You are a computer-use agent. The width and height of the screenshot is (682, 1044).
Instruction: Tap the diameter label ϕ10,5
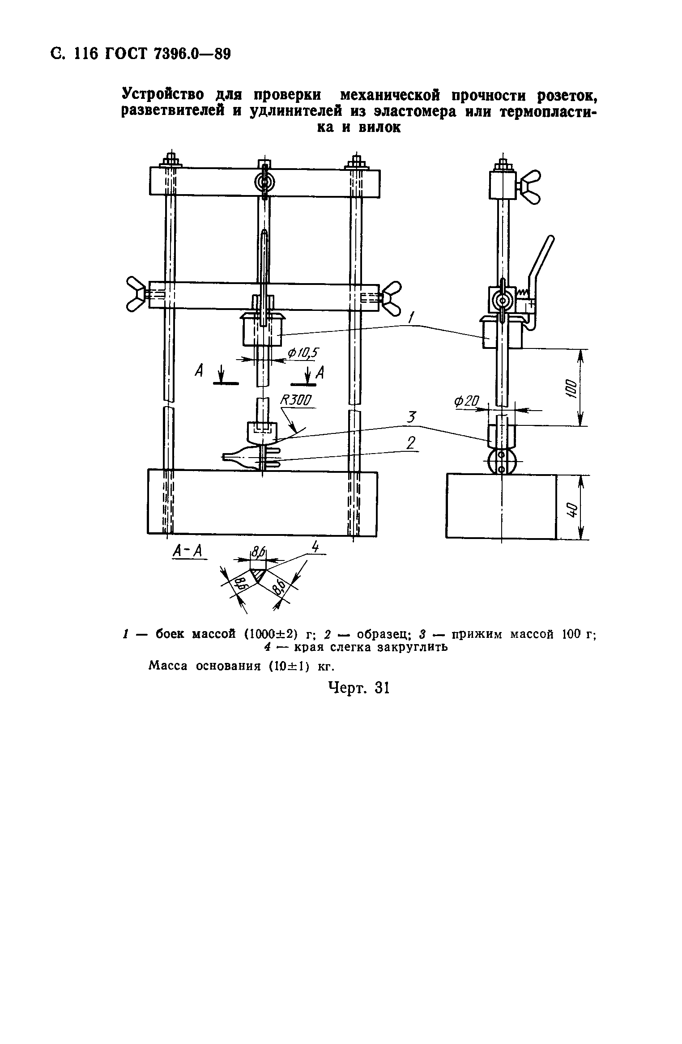coord(303,353)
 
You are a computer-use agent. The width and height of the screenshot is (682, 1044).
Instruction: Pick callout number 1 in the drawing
coord(411,318)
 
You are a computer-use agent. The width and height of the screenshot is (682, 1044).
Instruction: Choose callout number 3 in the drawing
coord(411,418)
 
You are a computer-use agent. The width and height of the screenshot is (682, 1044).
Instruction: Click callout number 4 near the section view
coord(316,547)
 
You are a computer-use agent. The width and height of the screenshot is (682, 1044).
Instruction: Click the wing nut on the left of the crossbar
coord(137,294)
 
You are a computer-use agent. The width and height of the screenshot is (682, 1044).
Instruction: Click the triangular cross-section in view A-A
coord(258,574)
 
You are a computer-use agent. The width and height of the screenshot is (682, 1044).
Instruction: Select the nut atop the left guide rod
coord(170,160)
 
